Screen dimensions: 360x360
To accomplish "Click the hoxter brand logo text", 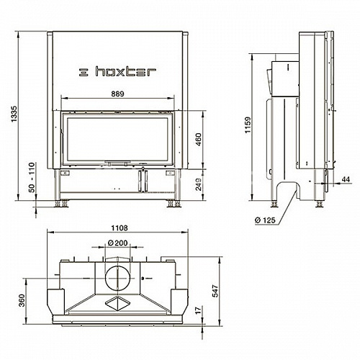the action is point(126,71).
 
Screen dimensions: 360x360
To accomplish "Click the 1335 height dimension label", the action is point(14,114).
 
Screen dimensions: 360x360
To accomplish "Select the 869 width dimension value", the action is point(117,94).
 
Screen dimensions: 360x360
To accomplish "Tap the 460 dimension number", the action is point(199,140).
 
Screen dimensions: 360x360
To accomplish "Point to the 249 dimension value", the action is point(199,184).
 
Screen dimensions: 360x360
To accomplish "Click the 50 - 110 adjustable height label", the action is point(32,178).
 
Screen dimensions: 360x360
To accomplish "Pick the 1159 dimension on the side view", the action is point(248,125).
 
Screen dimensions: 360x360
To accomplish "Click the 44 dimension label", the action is point(346,179).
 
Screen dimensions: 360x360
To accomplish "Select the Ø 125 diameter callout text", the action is point(265,220).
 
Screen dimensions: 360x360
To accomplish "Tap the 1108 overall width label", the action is point(120,228).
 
